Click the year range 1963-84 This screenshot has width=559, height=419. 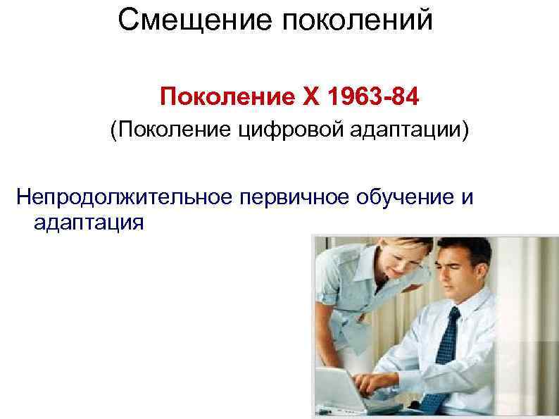362,95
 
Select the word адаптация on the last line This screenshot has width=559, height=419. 87,223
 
